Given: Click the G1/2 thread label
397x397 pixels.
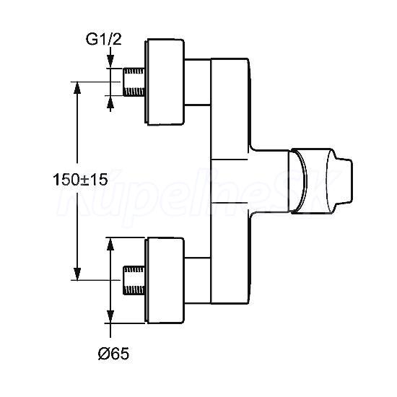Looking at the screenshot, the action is tap(103, 40).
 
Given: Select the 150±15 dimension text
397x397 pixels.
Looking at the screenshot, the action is tap(80, 180).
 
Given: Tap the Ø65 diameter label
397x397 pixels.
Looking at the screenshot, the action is tap(113, 354).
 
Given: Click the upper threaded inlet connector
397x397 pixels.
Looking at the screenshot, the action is tap(134, 82).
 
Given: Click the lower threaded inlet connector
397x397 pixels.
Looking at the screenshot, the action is tap(134, 280).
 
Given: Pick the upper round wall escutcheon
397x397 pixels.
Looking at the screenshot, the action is tap(165, 82).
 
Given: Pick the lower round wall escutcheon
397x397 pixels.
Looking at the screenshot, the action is tap(165, 281).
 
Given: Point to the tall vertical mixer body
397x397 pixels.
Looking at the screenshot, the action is tap(230, 181).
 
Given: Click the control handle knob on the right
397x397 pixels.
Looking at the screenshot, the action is tap(320, 181).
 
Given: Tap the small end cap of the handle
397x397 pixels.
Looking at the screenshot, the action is tap(344, 181).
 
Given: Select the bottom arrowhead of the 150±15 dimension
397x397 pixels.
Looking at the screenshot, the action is tap(77, 274).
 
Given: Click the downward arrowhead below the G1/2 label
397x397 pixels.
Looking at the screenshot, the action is tap(110, 61).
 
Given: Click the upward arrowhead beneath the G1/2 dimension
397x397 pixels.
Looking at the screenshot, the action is tap(110, 102).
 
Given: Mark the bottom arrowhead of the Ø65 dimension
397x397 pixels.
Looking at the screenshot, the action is tap(110, 316).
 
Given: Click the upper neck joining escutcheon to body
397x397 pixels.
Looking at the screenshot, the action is tap(198, 82).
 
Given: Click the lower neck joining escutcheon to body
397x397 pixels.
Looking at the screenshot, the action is tap(198, 281).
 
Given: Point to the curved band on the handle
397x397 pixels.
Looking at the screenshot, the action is tap(300, 181).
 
